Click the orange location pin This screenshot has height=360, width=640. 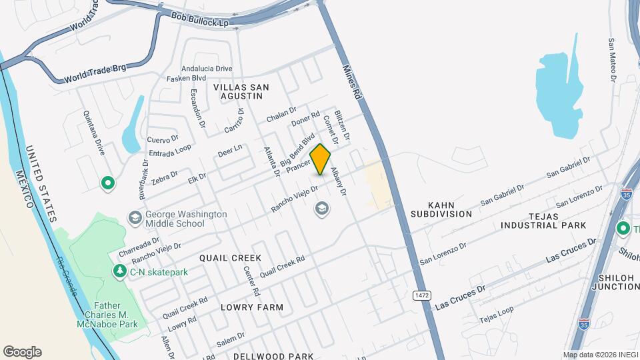[320, 159]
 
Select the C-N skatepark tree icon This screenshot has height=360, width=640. [120, 271]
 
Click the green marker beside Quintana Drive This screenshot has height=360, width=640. [107, 182]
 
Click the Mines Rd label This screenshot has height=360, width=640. [352, 82]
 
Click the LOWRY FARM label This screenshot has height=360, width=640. [253, 307]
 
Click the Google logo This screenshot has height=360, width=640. [22, 352]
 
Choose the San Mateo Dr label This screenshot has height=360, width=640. [611, 59]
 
